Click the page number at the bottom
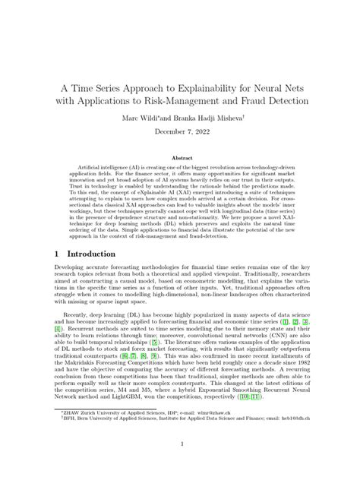[x=180, y=444]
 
